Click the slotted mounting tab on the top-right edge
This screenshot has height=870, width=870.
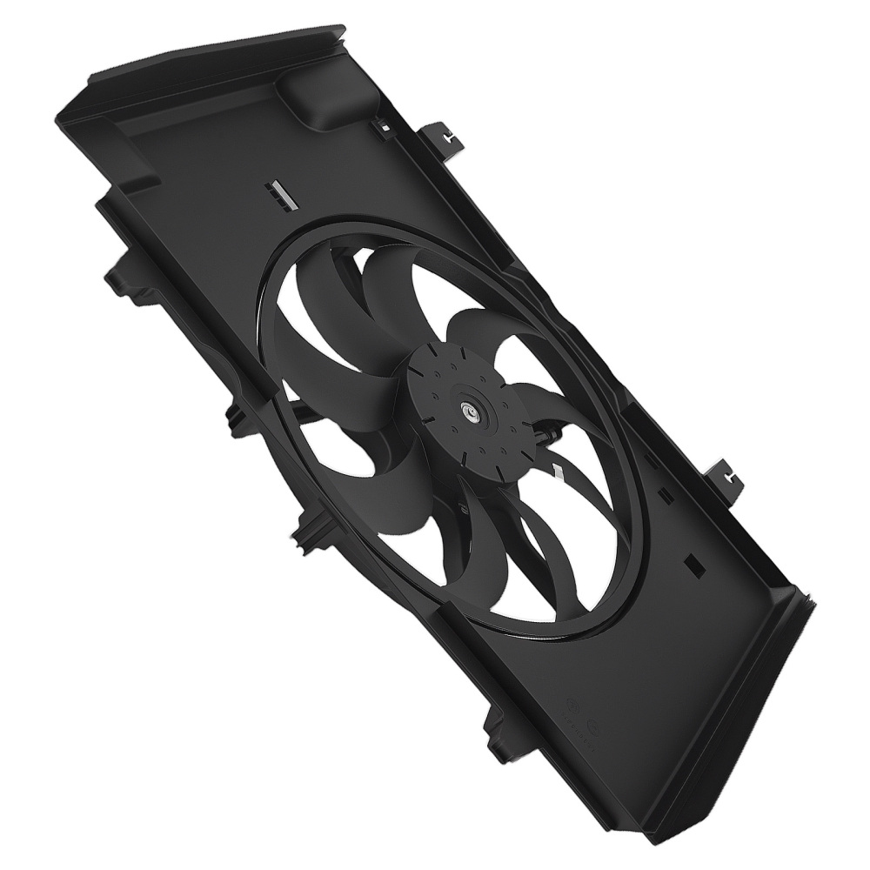tap(443, 137)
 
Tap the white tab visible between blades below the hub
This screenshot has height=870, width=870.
tap(557, 471)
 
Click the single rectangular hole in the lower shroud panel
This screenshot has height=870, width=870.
tap(693, 563)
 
